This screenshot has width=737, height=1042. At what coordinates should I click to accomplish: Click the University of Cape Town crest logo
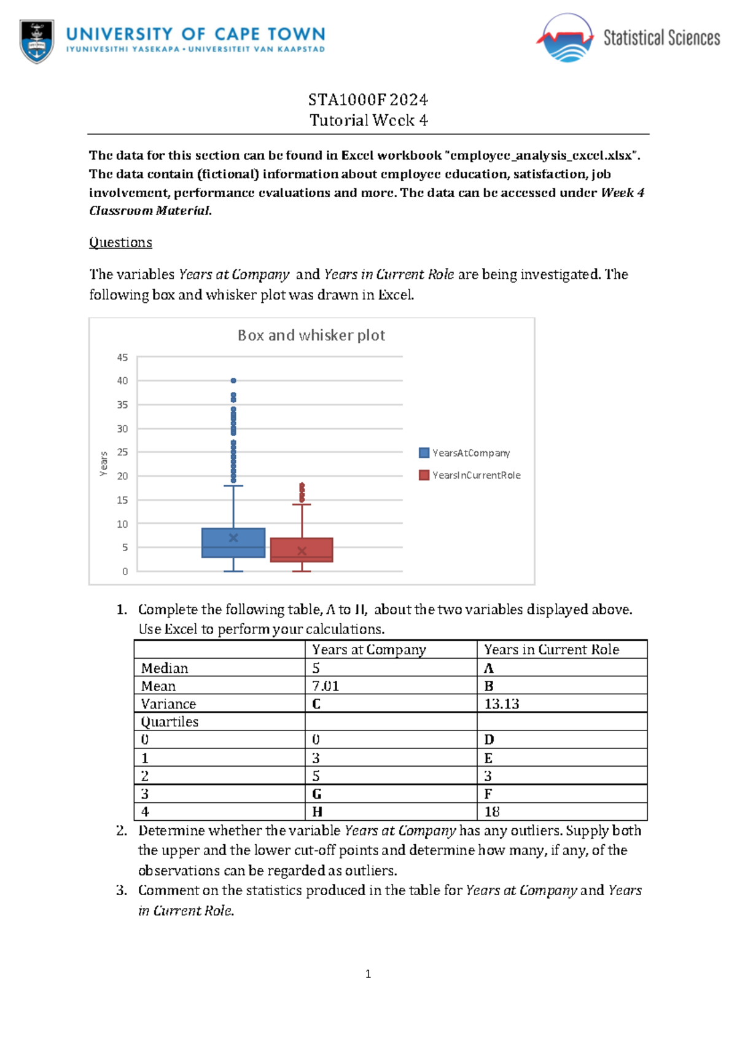tap(37, 41)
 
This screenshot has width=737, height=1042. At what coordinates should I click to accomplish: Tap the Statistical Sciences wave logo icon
tap(566, 39)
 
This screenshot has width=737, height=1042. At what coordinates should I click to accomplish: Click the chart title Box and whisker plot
tap(311, 335)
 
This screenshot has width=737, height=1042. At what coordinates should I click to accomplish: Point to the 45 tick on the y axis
tap(123, 358)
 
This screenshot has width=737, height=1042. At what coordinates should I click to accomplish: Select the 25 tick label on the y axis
tap(123, 452)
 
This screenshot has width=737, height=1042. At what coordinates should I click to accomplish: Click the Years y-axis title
tap(104, 464)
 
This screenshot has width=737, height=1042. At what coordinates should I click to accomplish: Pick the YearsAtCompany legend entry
tap(464, 453)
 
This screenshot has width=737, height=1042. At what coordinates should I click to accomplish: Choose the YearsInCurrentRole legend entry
tap(470, 476)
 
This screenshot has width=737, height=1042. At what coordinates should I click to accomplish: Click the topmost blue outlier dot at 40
tap(233, 381)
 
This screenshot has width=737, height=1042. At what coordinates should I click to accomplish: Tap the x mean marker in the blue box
tap(233, 538)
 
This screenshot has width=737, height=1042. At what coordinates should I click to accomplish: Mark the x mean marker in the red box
tap(302, 551)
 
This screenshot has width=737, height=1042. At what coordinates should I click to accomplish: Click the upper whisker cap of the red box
tap(302, 504)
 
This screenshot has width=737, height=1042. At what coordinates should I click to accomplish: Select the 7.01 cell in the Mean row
tap(326, 686)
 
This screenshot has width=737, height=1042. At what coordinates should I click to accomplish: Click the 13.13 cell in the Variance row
tap(501, 704)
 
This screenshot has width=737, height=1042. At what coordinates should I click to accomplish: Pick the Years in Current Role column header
tap(551, 650)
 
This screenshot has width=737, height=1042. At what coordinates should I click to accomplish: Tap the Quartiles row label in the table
tap(170, 722)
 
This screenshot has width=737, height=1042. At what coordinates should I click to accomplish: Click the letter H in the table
tap(317, 812)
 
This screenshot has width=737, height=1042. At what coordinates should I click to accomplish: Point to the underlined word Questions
tap(120, 243)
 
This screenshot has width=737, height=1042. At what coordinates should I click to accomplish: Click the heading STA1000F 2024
tap(368, 100)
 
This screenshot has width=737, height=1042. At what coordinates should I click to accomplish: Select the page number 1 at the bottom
tap(368, 974)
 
